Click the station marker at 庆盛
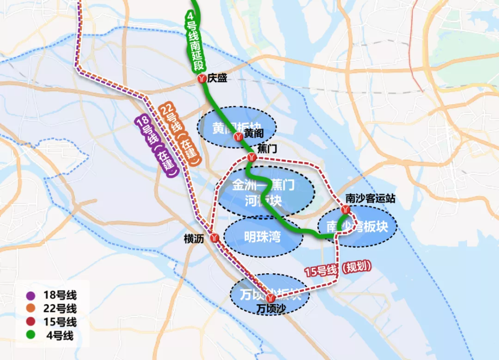(x=202, y=79)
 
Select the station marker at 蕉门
(x=251, y=158)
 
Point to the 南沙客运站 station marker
(x=345, y=210)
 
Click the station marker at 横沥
(x=215, y=238)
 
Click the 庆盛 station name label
(x=219, y=78)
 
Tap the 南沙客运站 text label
(x=370, y=198)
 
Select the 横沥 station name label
(x=194, y=239)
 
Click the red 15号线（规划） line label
(x=338, y=269)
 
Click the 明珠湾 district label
(x=263, y=237)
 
